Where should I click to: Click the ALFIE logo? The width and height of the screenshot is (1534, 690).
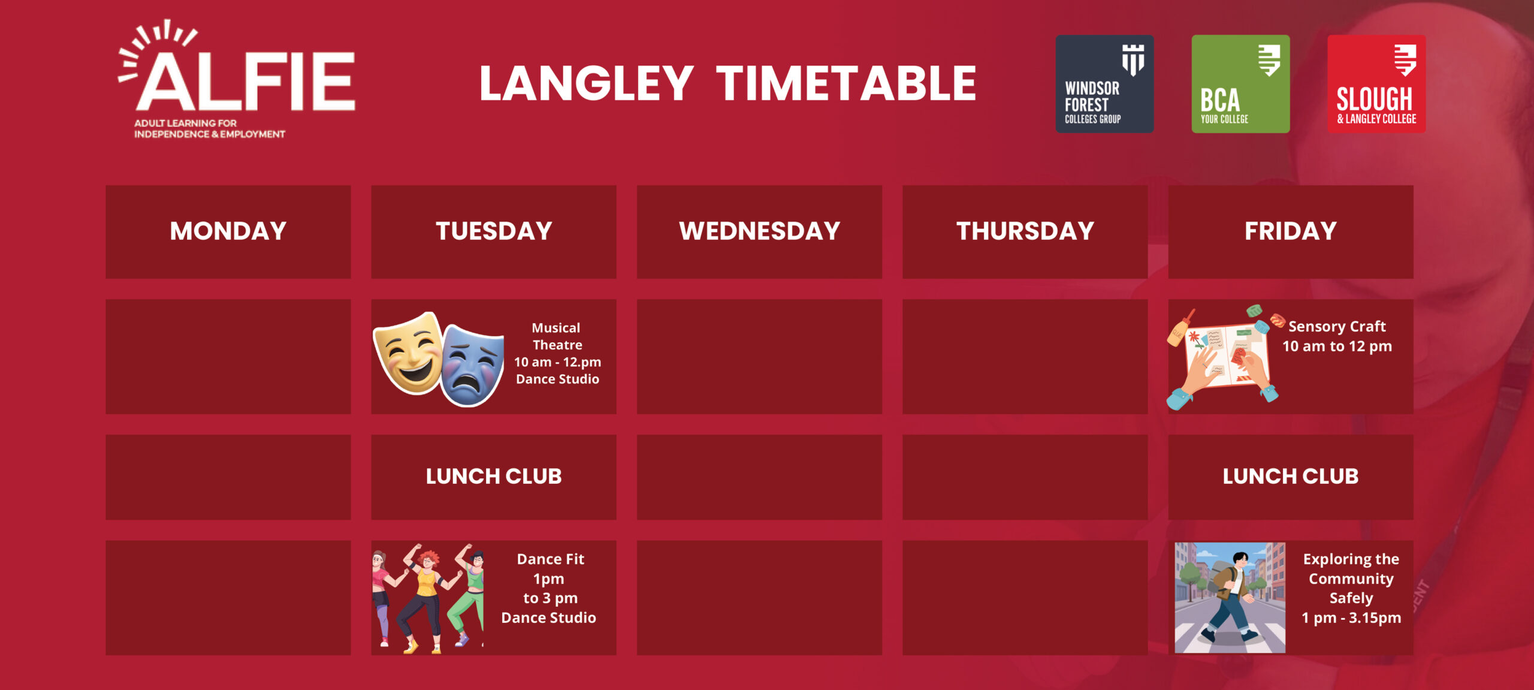point(237,79)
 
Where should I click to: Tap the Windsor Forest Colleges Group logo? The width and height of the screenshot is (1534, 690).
point(1104,84)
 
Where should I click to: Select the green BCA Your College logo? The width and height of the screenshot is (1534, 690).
point(1240,84)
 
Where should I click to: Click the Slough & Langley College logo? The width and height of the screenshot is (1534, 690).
point(1376,84)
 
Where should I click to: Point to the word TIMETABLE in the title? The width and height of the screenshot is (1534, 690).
point(846,83)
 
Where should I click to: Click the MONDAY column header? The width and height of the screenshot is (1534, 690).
point(228,231)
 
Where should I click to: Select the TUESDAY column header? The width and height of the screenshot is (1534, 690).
point(494,231)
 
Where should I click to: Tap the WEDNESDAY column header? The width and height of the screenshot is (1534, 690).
point(759,231)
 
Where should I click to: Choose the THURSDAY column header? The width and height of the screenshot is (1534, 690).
point(1025,231)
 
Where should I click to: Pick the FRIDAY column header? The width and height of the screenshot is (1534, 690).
point(1291,231)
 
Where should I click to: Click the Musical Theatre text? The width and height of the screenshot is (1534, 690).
point(557,336)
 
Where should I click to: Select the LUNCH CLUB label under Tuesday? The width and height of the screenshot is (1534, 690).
point(494,476)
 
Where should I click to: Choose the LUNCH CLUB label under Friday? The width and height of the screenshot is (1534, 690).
point(1291,476)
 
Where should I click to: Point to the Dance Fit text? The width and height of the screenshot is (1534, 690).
point(551,559)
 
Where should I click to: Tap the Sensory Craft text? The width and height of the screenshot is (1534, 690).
point(1337,326)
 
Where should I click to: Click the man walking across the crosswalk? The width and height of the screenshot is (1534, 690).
point(1230,598)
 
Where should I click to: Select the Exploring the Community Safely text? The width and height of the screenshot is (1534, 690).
point(1351,578)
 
